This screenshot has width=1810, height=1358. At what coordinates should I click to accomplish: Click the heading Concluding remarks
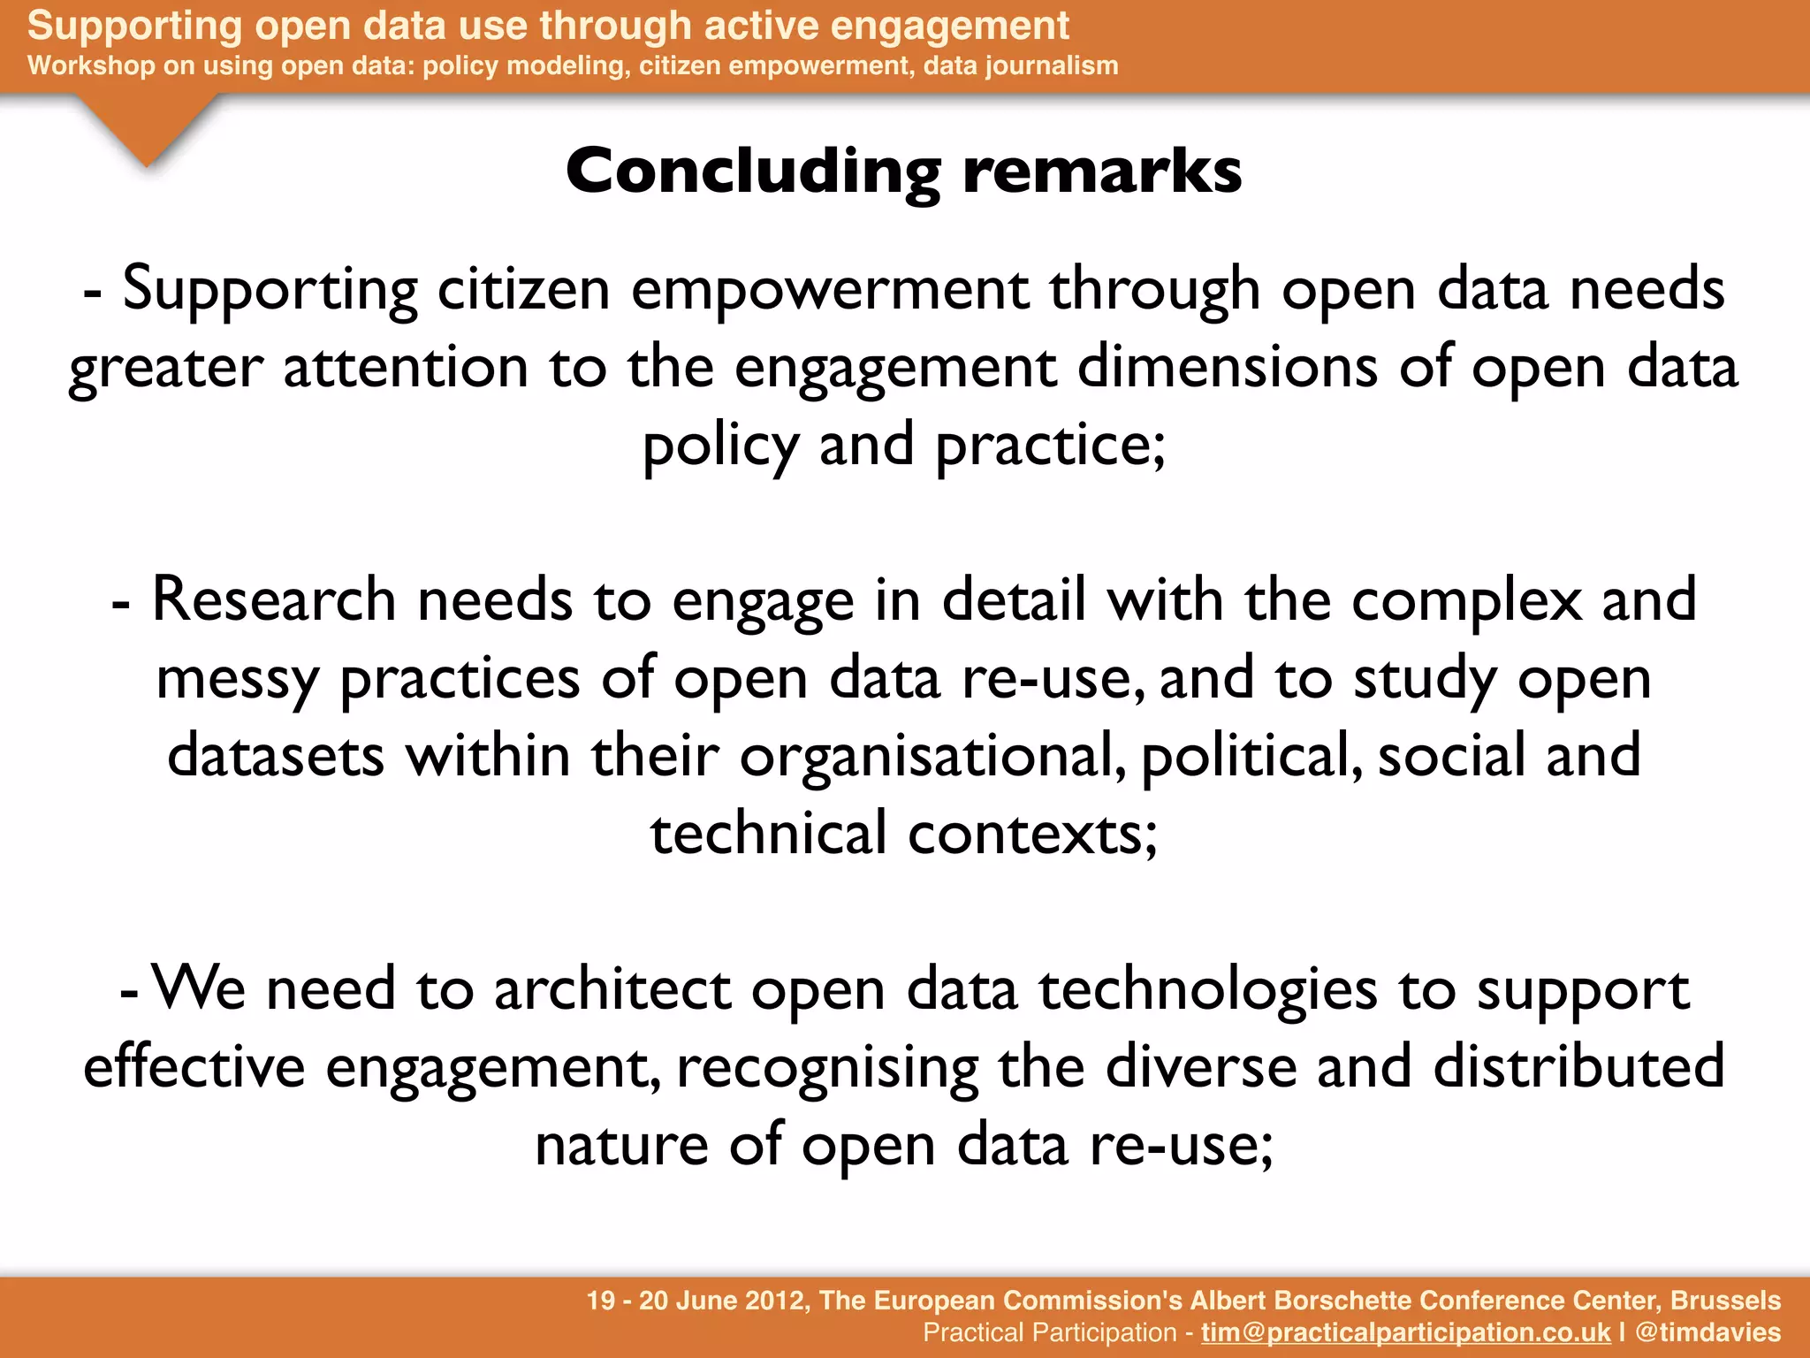point(903,171)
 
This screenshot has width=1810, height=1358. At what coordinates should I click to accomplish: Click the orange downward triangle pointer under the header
point(147,128)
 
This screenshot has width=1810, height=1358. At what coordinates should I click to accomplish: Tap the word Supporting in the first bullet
point(270,290)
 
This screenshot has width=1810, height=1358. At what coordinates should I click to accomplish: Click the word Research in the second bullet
point(274,600)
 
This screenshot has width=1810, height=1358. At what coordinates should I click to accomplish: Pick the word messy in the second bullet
point(237,679)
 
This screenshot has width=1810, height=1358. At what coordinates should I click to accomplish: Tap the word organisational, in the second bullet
point(932,757)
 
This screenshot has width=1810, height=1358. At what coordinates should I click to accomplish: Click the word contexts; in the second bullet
point(1032,834)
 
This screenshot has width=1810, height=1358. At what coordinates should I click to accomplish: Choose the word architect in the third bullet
point(612,989)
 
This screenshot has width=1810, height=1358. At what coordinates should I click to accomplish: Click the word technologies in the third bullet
point(1207,989)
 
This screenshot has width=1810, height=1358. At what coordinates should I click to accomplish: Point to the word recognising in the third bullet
point(827,1067)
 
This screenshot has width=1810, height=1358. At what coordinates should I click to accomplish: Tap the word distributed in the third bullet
point(1578,1065)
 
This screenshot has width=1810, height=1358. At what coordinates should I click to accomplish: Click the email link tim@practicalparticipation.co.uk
point(1405,1332)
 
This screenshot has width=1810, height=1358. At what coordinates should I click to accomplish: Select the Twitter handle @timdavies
point(1707,1332)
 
